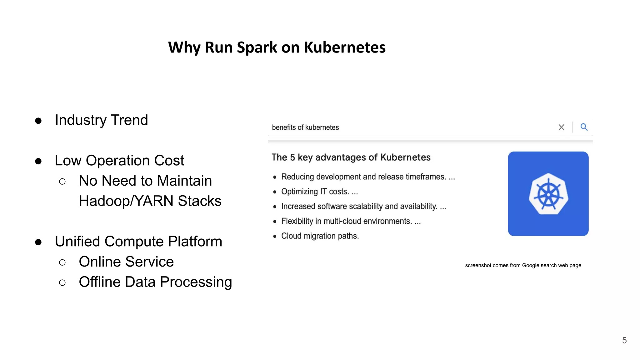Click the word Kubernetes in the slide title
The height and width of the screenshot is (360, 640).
[x=345, y=48]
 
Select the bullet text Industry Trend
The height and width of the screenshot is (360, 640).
[x=101, y=120]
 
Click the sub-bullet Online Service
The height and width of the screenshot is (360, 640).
[x=126, y=262]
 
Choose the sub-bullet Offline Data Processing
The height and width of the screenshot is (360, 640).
[x=155, y=282]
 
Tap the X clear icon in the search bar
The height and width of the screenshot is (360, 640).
[x=561, y=127]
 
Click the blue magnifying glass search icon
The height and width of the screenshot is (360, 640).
[x=584, y=127]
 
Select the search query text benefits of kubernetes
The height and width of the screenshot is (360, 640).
[x=305, y=127]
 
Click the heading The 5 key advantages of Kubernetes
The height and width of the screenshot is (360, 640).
[x=351, y=157]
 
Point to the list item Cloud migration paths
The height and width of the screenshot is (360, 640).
[x=320, y=236]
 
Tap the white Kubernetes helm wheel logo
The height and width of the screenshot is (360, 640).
[x=548, y=194]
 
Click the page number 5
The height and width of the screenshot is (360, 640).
[x=624, y=340]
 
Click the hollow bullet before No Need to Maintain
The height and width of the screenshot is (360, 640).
[x=62, y=181]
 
